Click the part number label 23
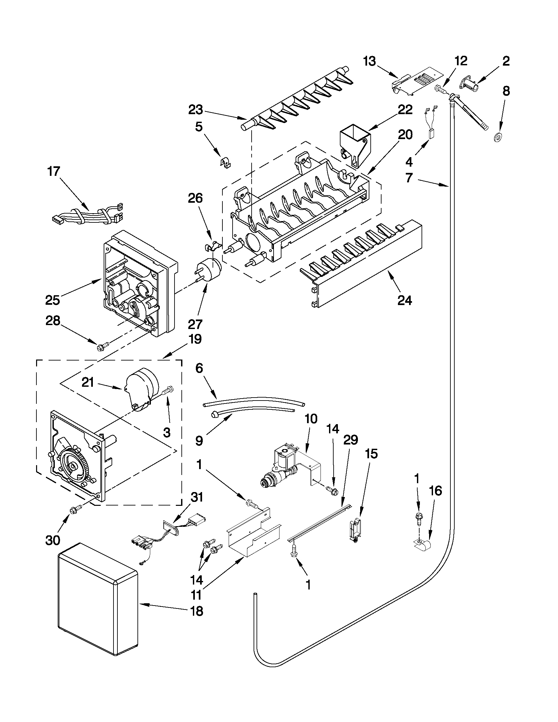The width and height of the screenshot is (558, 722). [x=196, y=110]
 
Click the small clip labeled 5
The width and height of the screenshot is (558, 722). [x=226, y=162]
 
